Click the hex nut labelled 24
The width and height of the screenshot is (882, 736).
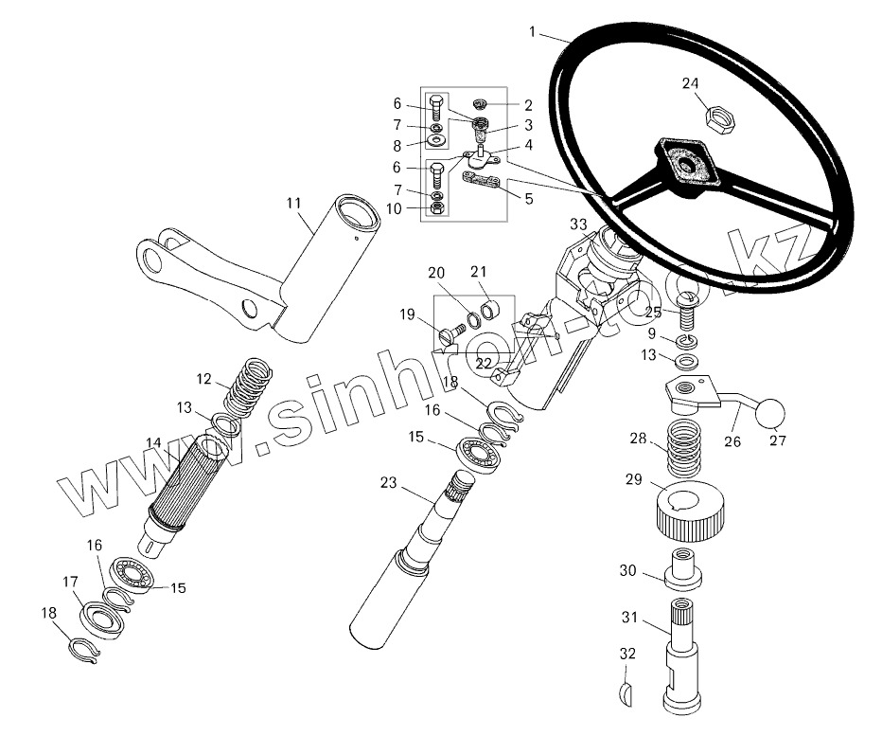(719, 119)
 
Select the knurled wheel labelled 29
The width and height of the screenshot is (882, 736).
(689, 509)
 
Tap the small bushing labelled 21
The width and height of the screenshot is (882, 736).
(490, 308)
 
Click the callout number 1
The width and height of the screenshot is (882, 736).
(534, 31)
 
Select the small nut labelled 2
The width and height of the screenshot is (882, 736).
(481, 102)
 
